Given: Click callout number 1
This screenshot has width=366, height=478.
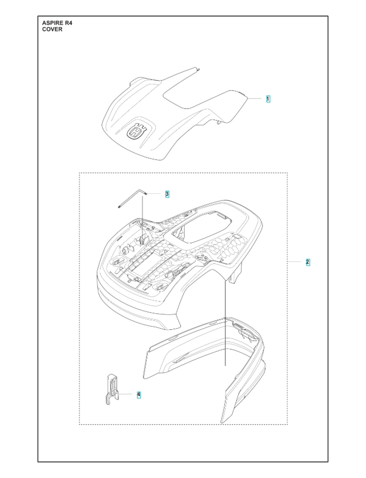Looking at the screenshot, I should (x=268, y=99).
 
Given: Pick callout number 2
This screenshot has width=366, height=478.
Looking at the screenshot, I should (x=308, y=262).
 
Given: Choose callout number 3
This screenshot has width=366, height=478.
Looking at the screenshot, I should (x=167, y=194).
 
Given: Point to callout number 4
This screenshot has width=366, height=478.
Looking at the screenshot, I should (x=139, y=394).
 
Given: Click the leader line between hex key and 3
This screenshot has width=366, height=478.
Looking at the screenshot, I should (x=155, y=194).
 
